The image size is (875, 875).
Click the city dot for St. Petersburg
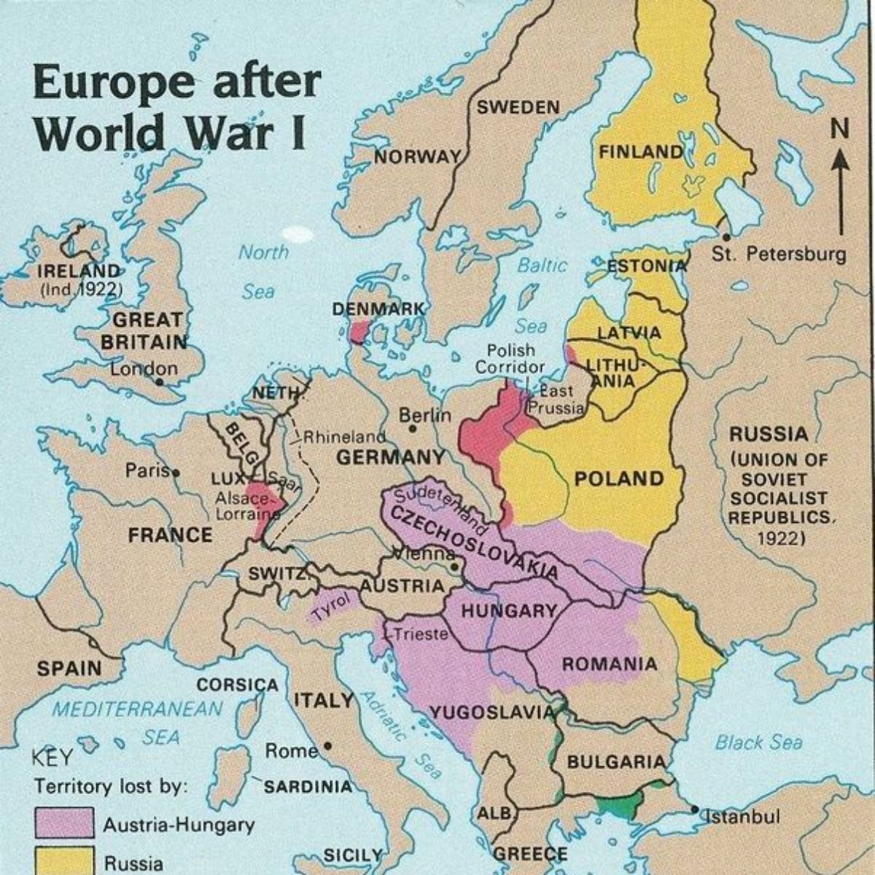[726, 238]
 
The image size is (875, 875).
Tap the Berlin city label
[424, 415]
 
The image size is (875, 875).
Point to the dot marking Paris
[175, 472]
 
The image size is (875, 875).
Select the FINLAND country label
[640, 152]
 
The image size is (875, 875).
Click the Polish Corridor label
[510, 359]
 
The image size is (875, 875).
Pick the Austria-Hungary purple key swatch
[64, 823]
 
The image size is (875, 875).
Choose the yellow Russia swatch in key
[64, 860]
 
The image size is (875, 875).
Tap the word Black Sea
[758, 742]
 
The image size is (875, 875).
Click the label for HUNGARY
[508, 611]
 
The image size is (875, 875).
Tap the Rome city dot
[328, 747]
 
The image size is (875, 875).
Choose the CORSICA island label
[238, 685]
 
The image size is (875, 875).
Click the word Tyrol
[332, 606]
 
